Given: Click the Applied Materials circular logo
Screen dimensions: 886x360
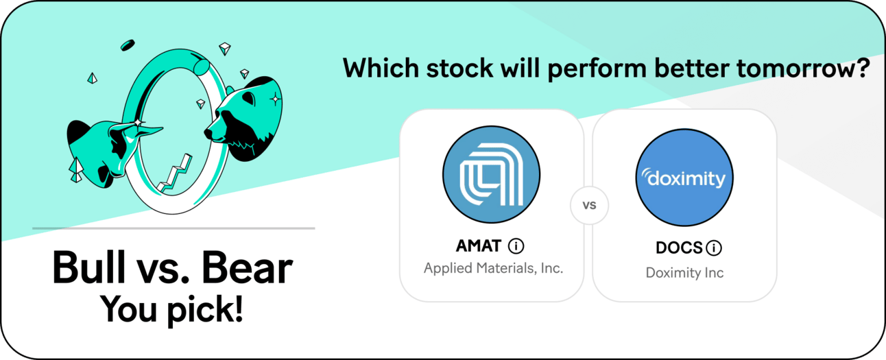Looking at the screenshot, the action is click(x=491, y=174).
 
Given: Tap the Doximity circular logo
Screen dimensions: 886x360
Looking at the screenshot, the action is click(x=684, y=177).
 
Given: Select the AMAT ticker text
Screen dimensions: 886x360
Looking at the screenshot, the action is click(x=479, y=246).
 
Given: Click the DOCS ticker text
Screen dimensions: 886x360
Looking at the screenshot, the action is click(x=679, y=248).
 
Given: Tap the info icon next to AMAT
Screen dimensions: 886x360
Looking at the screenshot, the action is click(x=516, y=246).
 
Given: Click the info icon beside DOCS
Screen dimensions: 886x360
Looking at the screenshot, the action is click(x=714, y=248).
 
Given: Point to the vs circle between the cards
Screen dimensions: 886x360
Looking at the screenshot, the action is click(x=589, y=205).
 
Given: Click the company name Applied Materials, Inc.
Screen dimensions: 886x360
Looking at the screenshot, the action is click(x=493, y=268).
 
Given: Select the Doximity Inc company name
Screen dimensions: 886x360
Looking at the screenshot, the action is click(x=684, y=273).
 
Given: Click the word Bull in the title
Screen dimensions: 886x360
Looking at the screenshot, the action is click(x=88, y=267).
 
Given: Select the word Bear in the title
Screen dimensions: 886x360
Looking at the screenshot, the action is click(x=247, y=267).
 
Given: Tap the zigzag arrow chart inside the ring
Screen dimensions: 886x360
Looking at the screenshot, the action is click(x=175, y=174).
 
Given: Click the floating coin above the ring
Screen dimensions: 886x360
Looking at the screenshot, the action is click(x=128, y=45).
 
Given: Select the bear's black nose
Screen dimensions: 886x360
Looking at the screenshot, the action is click(x=208, y=133).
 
